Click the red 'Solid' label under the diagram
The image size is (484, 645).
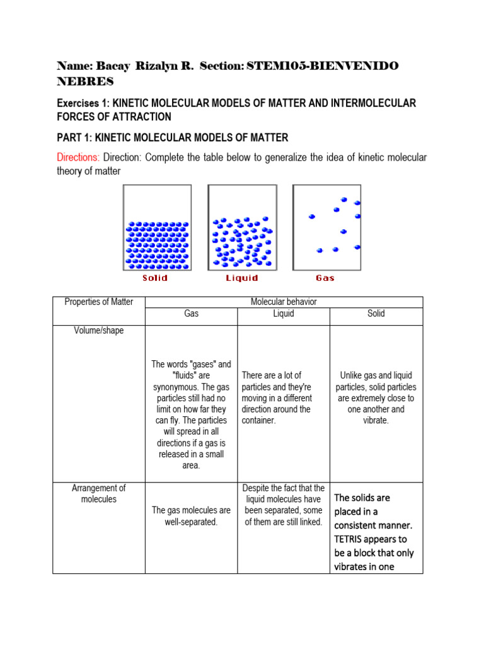coord(154,278)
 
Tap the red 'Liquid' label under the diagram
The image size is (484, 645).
coord(242,278)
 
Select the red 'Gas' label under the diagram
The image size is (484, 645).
coord(325,278)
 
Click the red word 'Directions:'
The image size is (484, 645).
coord(78,157)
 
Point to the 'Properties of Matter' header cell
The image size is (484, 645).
coord(99,302)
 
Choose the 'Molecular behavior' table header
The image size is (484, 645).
coord(284,302)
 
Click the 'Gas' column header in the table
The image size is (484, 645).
coord(191,313)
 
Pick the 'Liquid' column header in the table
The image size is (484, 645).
coord(284,313)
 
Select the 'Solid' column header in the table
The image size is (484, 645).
coord(376,313)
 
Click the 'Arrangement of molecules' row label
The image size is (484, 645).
coord(99,493)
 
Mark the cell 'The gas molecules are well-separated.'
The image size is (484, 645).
coord(191,516)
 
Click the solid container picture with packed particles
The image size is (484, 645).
coord(157,227)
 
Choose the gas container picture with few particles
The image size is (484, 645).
coord(326,227)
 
